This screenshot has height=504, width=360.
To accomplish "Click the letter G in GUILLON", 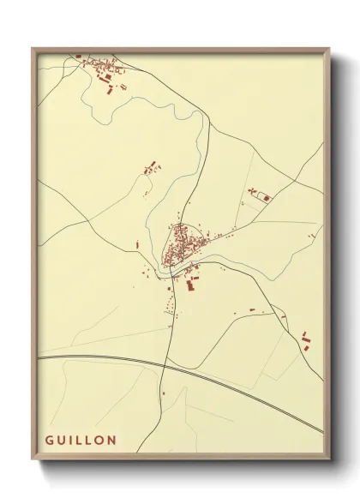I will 50,440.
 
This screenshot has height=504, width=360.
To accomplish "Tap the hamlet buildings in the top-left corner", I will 101,68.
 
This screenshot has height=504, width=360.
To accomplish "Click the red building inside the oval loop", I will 267,198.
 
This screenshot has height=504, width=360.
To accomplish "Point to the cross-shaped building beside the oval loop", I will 253,189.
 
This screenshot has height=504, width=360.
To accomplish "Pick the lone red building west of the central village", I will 138,245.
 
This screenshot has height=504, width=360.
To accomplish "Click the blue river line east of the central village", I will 249,260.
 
